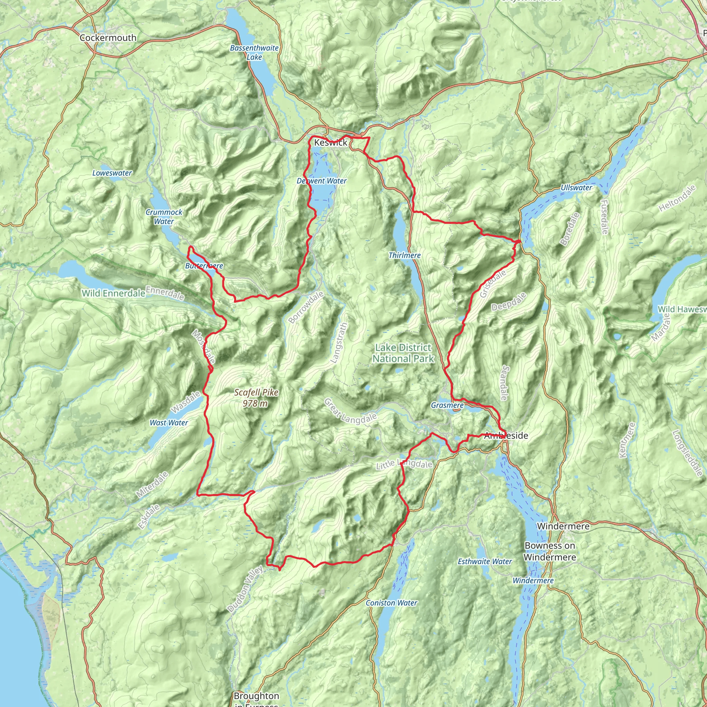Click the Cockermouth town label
point(108,38)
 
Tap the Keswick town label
point(330,143)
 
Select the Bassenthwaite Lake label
point(254,53)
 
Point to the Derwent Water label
point(321,181)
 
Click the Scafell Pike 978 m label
point(256,398)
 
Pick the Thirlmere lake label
point(404,255)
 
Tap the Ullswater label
point(576,188)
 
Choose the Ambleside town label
point(506,435)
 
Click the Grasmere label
point(447,405)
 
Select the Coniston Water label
point(391,603)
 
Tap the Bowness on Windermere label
point(550,551)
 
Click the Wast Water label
point(169,423)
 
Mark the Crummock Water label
point(164,217)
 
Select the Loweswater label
point(112,173)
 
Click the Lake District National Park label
point(403,353)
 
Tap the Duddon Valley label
point(245,589)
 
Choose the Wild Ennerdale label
point(114,293)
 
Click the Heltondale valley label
point(677,199)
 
